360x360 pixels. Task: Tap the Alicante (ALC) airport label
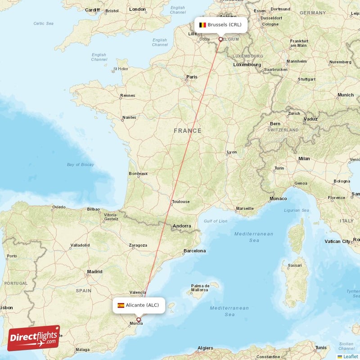[x=142, y=305]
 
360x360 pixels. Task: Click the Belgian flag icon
[x=202, y=25]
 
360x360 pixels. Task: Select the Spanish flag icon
[x=121, y=305]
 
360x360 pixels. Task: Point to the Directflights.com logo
[x=34, y=338]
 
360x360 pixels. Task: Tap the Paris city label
[x=192, y=77]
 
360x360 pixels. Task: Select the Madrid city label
[x=94, y=271]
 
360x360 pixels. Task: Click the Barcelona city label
[x=194, y=251]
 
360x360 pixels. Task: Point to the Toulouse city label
[x=180, y=202]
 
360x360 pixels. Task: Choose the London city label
[x=137, y=9]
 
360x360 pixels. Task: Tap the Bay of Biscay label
[x=81, y=165]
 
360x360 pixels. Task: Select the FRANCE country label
[x=188, y=131]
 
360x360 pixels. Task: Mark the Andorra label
[x=182, y=226]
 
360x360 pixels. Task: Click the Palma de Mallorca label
[x=200, y=288]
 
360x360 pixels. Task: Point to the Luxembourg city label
[x=247, y=65]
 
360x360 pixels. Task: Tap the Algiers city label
[x=205, y=348]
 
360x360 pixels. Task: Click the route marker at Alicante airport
[x=139, y=320]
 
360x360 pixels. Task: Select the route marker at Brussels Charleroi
[x=220, y=39]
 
